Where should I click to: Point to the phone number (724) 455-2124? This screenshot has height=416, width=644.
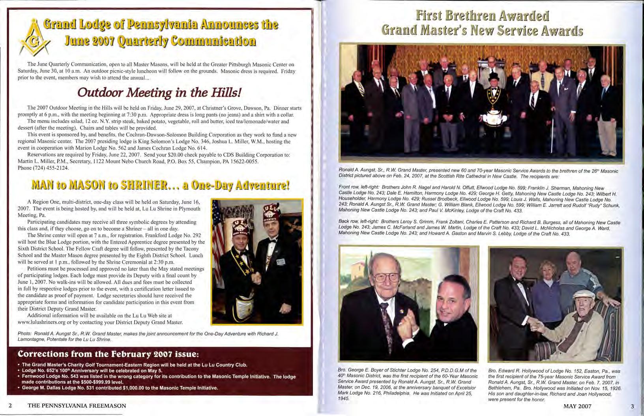pos(43,168)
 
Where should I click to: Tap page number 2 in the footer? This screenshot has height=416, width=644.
pos(11,405)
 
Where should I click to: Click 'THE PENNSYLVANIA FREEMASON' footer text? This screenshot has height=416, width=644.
pos(77,405)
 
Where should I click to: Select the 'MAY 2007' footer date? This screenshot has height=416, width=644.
pos(577,406)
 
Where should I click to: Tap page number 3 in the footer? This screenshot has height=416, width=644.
pos(632,406)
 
